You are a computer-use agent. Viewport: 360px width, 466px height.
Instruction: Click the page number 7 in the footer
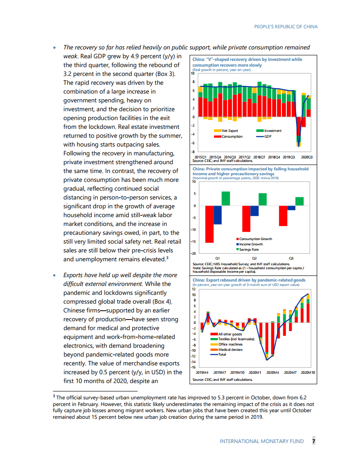[314, 441]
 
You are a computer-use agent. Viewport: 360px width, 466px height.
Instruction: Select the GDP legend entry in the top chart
[267, 136]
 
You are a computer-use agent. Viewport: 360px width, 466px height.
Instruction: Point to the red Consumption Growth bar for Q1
[209, 224]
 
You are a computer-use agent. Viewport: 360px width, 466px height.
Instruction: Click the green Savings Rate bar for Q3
[300, 201]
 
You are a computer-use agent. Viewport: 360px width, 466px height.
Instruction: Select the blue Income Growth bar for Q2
[255, 210]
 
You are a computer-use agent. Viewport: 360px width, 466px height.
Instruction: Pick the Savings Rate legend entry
[249, 249]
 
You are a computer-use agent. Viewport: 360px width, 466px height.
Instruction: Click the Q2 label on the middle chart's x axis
[255, 257]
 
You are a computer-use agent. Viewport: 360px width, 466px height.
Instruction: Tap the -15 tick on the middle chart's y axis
[193, 242]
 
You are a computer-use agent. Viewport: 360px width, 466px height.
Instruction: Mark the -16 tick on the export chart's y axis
[193, 367]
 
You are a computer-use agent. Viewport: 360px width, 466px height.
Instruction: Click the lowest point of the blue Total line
[267, 360]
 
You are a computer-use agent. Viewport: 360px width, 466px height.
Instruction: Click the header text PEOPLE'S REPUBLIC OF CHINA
[286, 26]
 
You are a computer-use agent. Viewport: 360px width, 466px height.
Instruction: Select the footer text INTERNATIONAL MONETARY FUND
[262, 441]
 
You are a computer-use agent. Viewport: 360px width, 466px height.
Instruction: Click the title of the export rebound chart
[249, 280]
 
